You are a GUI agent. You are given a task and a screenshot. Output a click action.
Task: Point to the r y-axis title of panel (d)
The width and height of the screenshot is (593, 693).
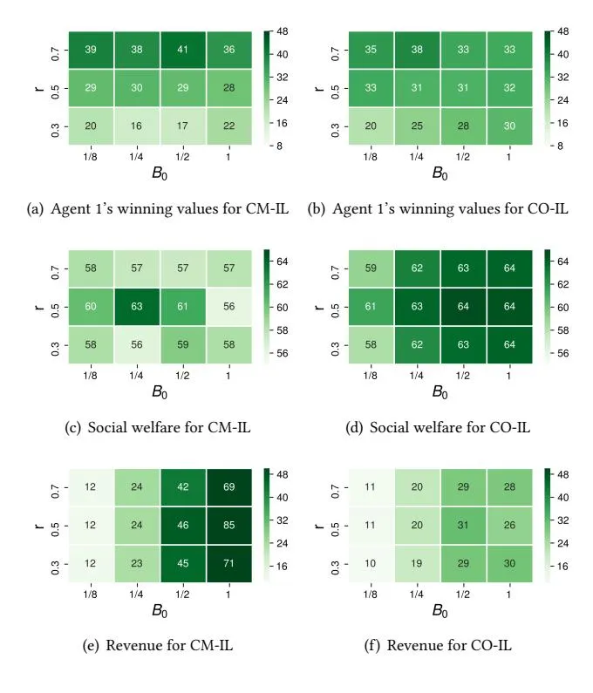pos(312,306)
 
